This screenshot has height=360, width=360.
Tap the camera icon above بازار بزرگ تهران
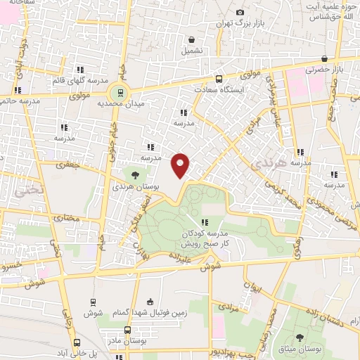[240, 12]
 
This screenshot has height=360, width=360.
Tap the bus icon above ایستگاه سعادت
[219, 79]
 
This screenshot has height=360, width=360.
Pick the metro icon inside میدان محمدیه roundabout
[120, 91]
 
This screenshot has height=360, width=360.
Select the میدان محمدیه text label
[116, 104]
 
